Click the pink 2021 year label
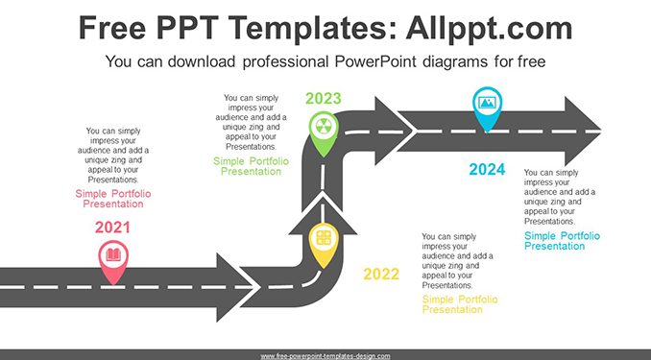click(112, 228)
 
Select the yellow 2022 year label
click(381, 274)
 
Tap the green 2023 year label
click(323, 99)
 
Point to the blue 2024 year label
click(487, 169)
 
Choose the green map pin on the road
click(324, 133)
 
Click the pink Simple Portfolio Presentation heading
click(113, 199)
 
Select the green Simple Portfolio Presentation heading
click(251, 166)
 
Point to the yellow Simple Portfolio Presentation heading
click(460, 304)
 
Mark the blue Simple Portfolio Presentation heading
click(562, 241)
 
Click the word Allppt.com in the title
click(489, 28)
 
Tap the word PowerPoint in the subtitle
click(375, 61)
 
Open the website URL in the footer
click(325, 356)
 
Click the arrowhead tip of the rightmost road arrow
click(601, 132)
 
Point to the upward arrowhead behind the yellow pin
click(323, 216)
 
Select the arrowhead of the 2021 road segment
click(234, 287)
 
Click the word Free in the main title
click(112, 28)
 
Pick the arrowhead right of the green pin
click(394, 132)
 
